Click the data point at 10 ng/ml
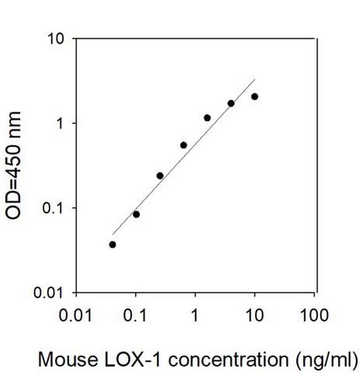point(255,96)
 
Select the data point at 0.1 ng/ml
point(136,214)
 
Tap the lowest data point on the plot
point(112,245)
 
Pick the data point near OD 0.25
point(160,175)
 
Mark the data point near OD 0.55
point(183,145)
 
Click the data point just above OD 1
point(207,118)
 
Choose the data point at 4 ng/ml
point(231,103)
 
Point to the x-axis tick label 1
point(195,316)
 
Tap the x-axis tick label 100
point(314,316)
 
